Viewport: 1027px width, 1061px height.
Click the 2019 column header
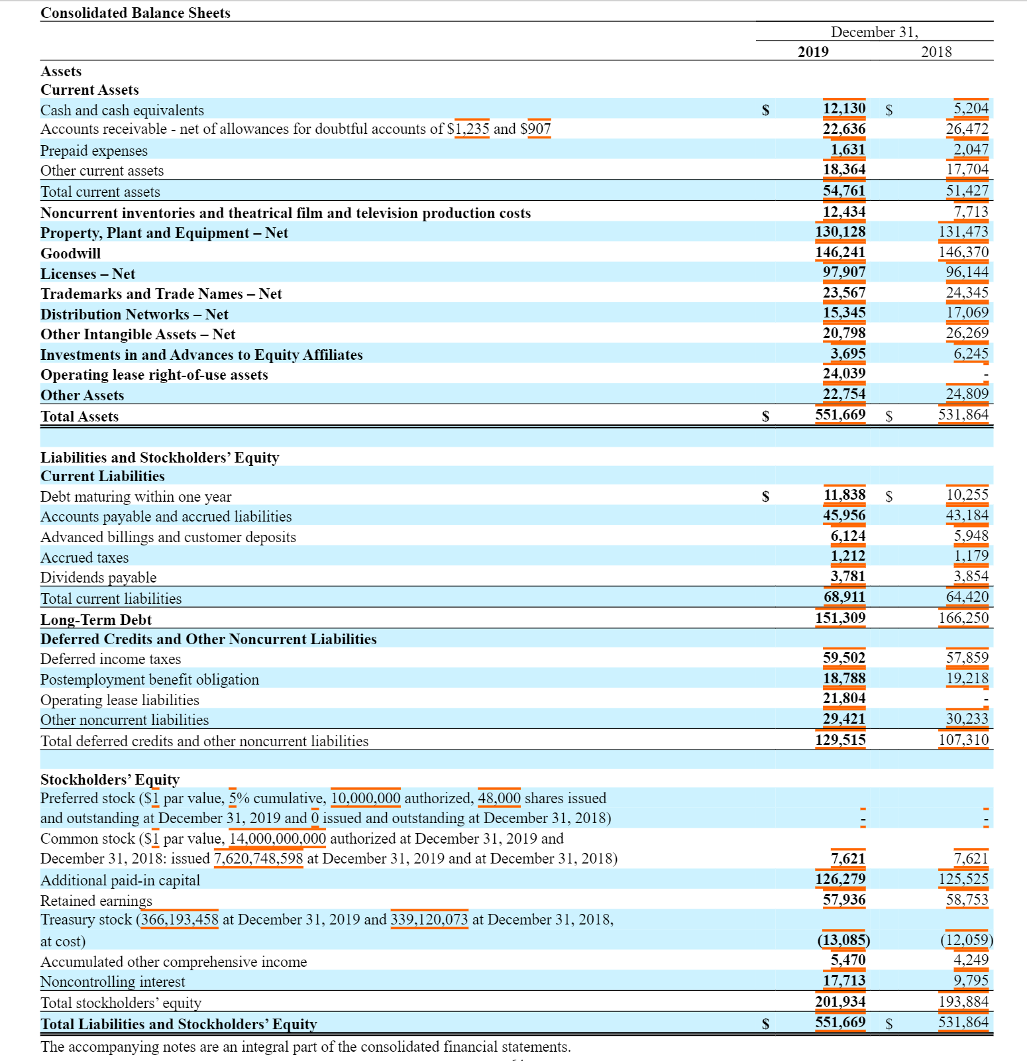point(813,52)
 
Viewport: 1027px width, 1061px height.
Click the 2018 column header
point(936,52)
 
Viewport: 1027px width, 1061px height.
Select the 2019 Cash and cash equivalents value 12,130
point(843,109)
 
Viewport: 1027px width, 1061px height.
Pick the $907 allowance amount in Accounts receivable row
point(535,129)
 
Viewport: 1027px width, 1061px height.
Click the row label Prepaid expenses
point(94,151)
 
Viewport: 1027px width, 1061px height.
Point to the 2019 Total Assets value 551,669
point(839,415)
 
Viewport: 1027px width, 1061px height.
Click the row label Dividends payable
point(98,578)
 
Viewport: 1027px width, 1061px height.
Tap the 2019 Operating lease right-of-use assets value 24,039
point(843,374)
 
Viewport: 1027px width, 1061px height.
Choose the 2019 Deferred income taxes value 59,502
point(843,658)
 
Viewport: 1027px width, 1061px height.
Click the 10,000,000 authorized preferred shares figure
point(365,799)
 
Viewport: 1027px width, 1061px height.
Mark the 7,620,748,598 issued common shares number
point(258,859)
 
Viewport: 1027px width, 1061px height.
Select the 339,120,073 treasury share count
point(429,920)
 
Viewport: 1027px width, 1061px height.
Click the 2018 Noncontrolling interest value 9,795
point(971,981)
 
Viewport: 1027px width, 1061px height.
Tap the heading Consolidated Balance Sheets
point(135,13)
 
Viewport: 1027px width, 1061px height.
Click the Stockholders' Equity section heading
point(110,780)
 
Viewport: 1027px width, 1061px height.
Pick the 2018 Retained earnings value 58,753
point(967,900)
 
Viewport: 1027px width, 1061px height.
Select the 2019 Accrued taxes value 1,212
point(847,556)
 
